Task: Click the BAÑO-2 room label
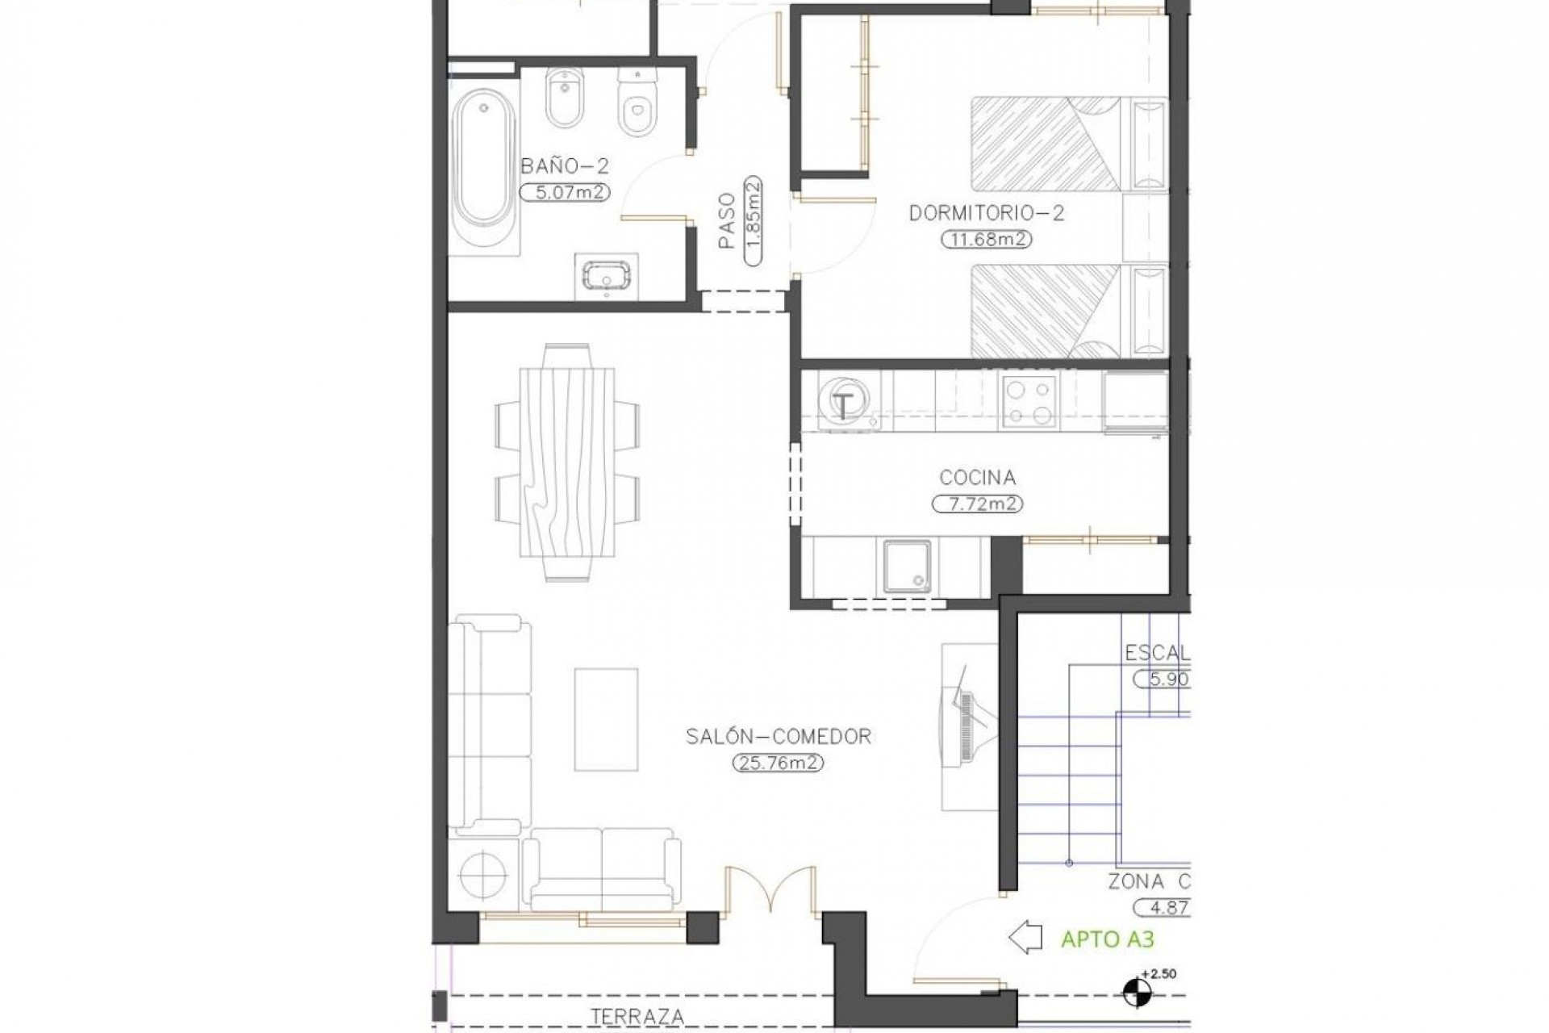(x=565, y=167)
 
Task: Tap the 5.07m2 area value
(x=565, y=192)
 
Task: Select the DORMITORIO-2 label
(x=987, y=214)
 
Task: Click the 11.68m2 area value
(x=987, y=240)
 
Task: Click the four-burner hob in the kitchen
(x=1028, y=402)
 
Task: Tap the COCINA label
(x=978, y=478)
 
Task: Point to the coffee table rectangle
(x=606, y=718)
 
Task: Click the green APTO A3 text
(x=1107, y=939)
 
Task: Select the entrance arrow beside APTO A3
(x=1025, y=939)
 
